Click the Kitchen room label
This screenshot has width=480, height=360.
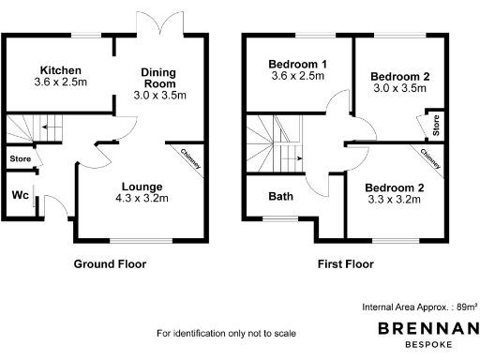click(60, 70)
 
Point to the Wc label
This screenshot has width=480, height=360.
click(19, 195)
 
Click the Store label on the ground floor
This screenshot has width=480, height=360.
click(20, 160)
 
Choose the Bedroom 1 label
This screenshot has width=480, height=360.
click(296, 63)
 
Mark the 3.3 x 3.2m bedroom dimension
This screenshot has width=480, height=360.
click(394, 200)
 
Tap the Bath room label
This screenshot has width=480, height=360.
click(280, 197)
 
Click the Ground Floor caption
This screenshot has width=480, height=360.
click(110, 264)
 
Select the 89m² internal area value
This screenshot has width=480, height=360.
click(467, 307)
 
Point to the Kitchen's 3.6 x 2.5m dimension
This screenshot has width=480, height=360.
click(60, 82)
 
